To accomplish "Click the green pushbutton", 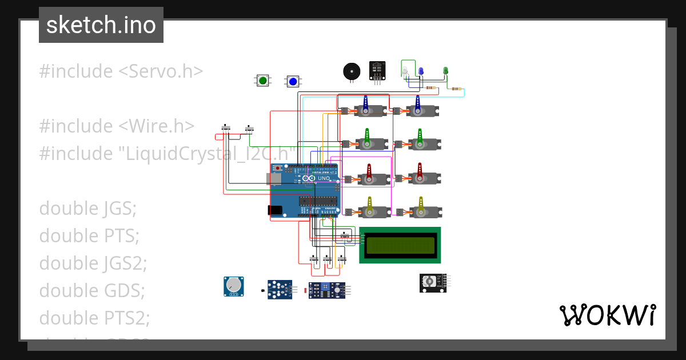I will pos(262,81).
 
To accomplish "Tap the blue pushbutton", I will pos(293,81).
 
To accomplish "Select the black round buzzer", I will pos(352,71).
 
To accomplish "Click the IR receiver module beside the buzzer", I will pos(377,70).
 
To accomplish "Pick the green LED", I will pos(445,71).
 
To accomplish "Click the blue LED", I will pos(421,71).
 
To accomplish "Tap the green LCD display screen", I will pos(400,245).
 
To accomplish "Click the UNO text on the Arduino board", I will pos(324,178).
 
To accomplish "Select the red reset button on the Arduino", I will pos(278,169).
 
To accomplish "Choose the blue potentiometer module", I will pos(233,286).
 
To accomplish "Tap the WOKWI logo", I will pos(607,315).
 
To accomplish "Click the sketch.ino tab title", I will pos(101,25).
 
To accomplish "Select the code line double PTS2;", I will pos(94,318).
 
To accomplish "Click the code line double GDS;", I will pos(92,290).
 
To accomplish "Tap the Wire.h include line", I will pos(117,126).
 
